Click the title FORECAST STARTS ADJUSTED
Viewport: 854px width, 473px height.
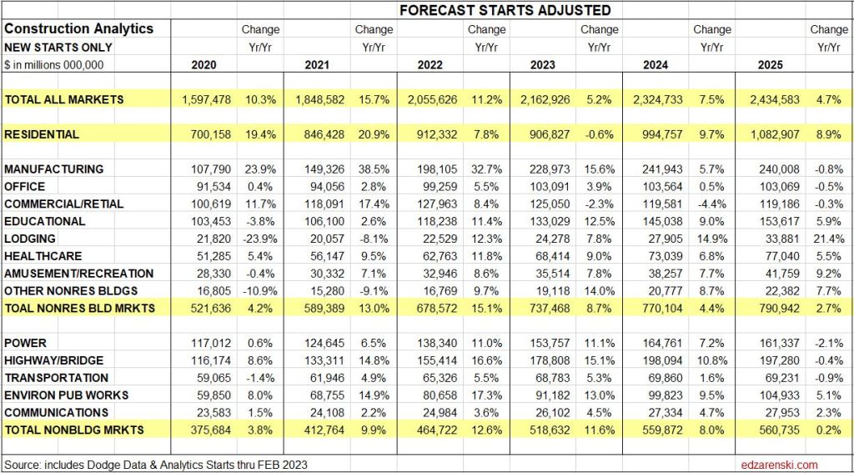click(x=504, y=11)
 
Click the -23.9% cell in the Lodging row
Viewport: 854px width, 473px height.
click(x=259, y=239)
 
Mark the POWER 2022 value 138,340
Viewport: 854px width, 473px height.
click(x=433, y=343)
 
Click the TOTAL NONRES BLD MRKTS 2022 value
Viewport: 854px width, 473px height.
click(x=433, y=309)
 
